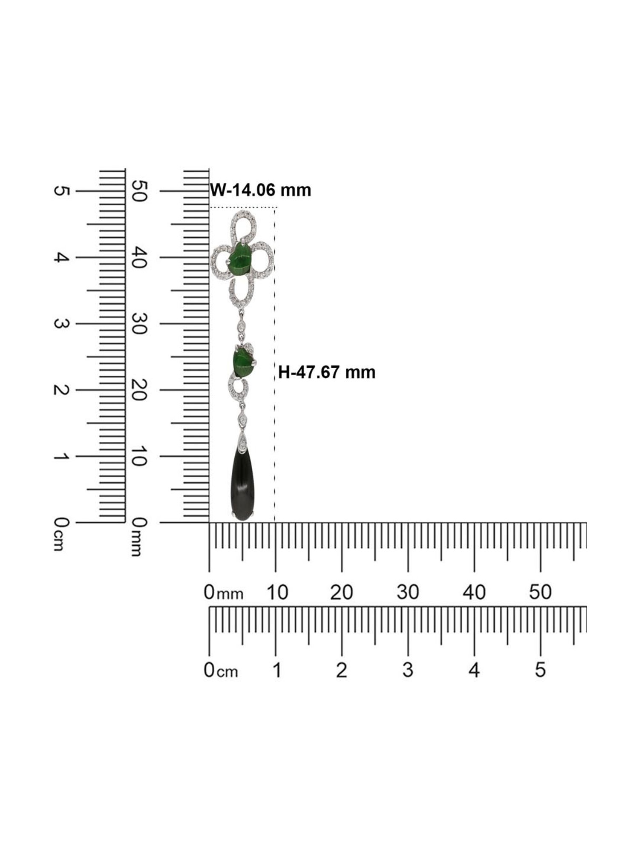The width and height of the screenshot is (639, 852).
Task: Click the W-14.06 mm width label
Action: tap(261, 190)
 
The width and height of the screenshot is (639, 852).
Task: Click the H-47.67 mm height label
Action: tap(327, 372)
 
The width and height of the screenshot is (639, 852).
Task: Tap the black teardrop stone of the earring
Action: tap(242, 486)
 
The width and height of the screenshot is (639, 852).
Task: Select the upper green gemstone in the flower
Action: tap(241, 259)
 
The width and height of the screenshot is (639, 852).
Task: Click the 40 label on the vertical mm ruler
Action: tap(139, 257)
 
